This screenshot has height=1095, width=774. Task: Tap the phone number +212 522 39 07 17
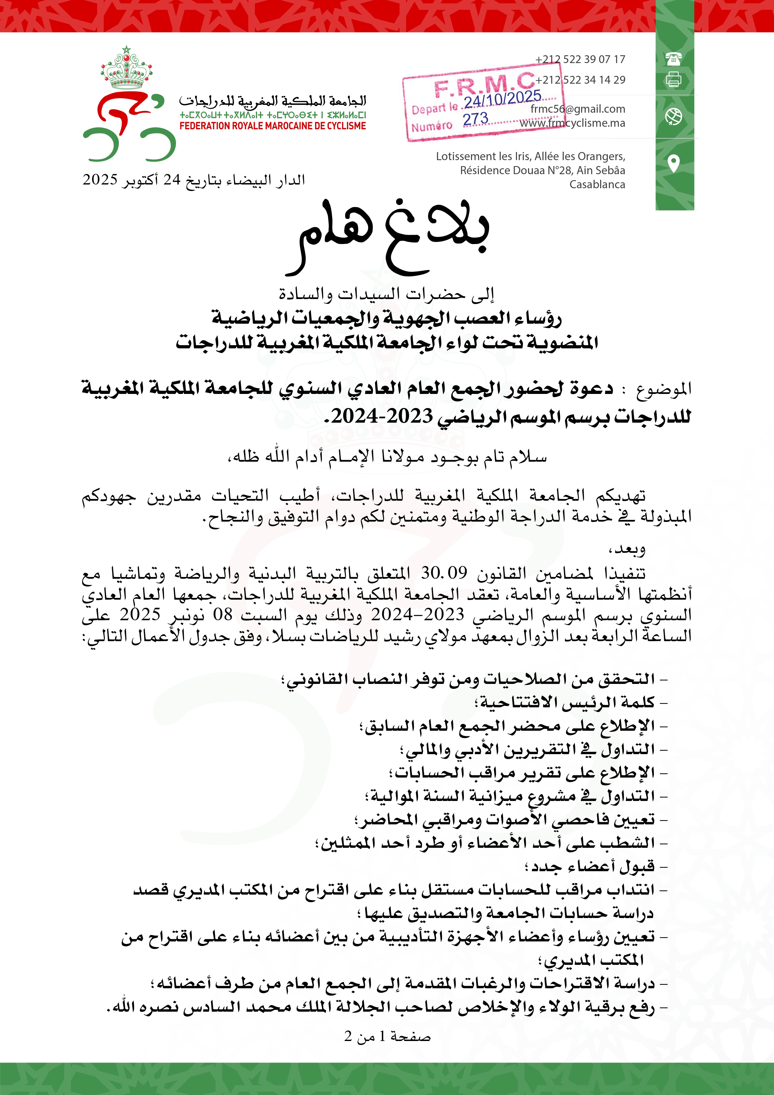click(580, 59)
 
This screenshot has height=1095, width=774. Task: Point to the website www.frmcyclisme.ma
click(572, 123)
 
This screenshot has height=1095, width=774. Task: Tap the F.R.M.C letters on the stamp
click(484, 84)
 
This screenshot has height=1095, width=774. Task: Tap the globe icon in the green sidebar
click(674, 116)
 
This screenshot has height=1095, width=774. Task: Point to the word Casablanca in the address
click(597, 184)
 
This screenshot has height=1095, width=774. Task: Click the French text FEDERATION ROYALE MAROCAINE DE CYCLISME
click(273, 126)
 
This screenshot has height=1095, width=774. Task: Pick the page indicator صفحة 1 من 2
click(387, 1036)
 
